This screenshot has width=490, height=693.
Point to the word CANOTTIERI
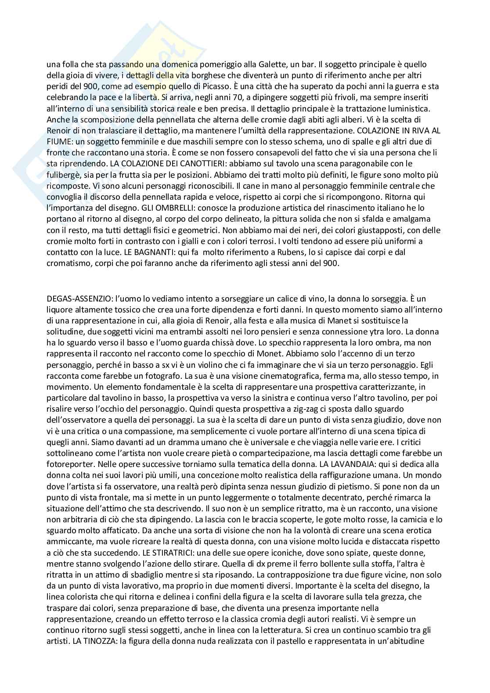coord(208,164)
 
